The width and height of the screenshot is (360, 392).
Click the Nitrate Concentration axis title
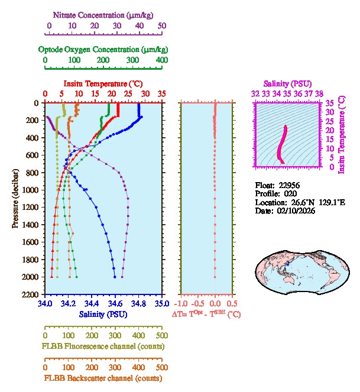click(104, 14)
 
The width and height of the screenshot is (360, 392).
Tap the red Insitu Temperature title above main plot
click(103, 84)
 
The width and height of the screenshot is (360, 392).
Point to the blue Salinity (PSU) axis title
click(103, 314)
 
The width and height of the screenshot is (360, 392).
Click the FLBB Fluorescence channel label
click(103, 346)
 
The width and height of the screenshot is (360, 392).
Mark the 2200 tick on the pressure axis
click(32, 294)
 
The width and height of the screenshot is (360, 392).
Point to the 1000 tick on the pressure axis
click(32, 190)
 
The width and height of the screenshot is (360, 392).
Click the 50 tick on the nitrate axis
click(161, 26)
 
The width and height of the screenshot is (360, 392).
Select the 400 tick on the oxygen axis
click(161, 60)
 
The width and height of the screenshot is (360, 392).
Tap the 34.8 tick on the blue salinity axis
click(138, 303)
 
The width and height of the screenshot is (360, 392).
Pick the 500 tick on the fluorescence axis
click(161, 335)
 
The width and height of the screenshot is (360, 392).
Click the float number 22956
click(290, 184)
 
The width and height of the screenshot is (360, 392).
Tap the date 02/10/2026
click(293, 210)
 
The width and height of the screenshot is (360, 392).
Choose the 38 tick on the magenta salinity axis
click(319, 93)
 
